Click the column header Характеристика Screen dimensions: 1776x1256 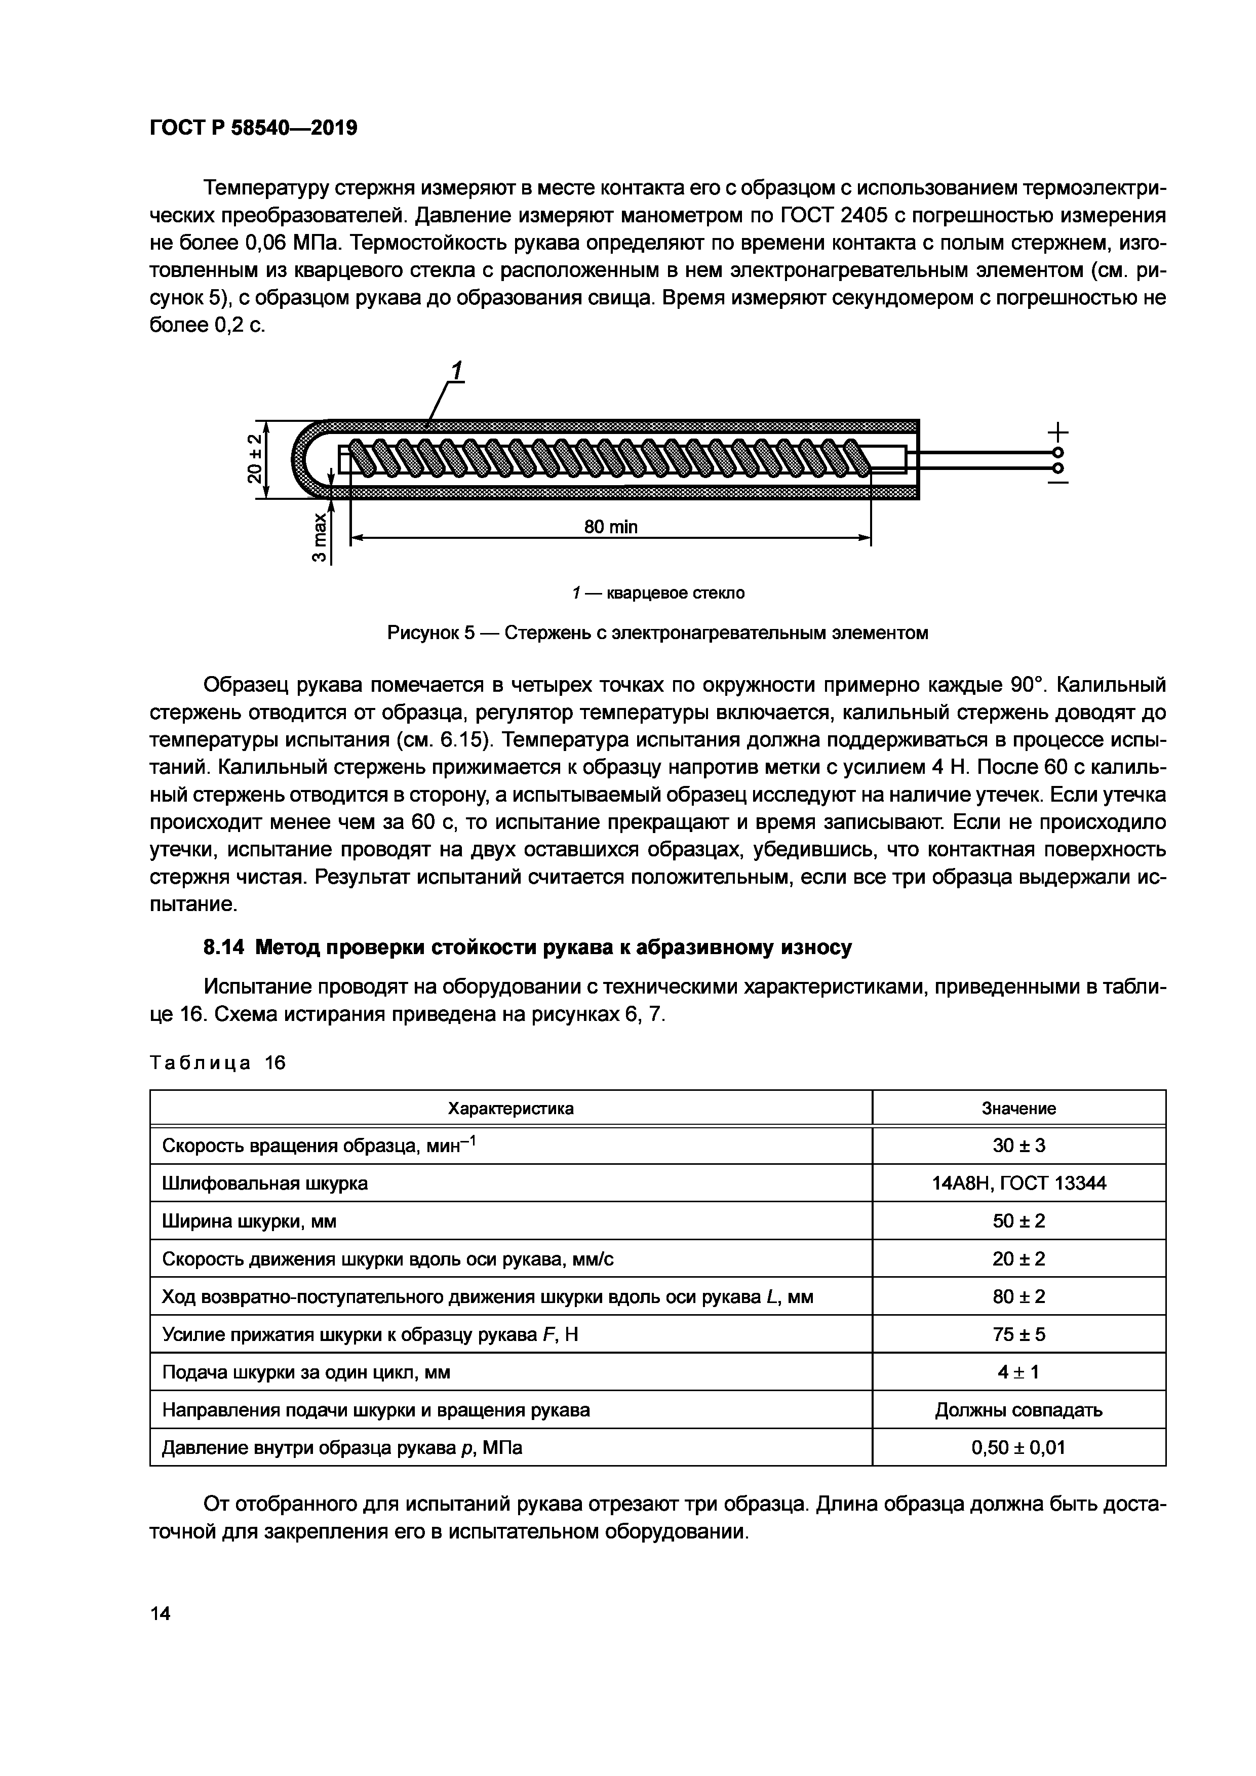511,1109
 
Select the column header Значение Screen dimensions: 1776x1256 1018,1109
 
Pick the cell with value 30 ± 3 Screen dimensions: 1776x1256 1018,1146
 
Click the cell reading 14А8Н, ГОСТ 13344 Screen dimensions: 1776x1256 1018,1183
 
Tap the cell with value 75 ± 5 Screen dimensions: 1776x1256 1018,1334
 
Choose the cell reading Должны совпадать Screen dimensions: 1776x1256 1018,1410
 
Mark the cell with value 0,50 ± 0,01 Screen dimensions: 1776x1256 1018,1448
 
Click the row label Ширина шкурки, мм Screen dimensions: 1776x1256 249,1221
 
